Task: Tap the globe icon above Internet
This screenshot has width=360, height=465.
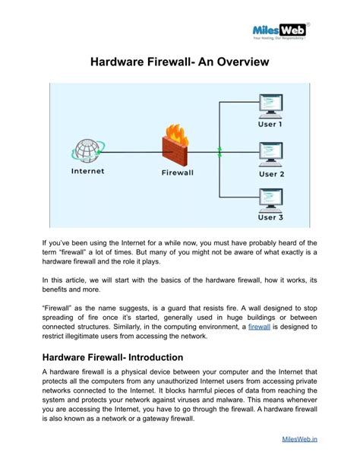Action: [x=87, y=149]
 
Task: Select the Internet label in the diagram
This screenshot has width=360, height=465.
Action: [x=87, y=171]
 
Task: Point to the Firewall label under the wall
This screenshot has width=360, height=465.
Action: [x=178, y=172]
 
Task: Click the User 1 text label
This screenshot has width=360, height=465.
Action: [x=271, y=124]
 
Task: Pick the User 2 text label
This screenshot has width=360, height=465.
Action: [x=271, y=173]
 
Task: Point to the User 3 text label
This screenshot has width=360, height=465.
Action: [x=271, y=218]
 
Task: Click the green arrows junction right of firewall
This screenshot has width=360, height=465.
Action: [x=219, y=151]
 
